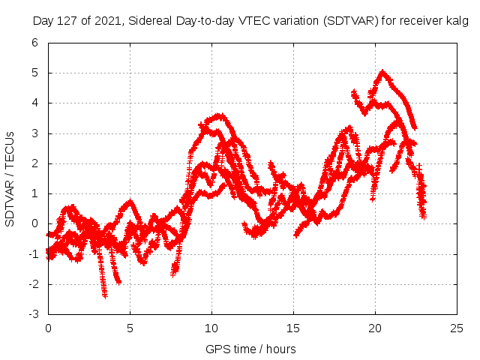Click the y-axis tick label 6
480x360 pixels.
tap(34, 43)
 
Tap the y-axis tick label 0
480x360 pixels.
tap(34, 223)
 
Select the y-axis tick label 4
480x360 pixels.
tap(34, 103)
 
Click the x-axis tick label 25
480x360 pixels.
tap(457, 328)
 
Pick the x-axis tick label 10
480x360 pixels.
tap(211, 328)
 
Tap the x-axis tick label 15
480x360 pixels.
tap(293, 328)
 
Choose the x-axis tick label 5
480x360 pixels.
tap(130, 328)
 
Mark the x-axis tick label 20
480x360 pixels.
tap(375, 328)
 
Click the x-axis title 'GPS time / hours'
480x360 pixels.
tap(250, 349)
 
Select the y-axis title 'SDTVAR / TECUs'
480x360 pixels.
tap(10, 178)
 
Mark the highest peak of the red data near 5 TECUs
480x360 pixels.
tap(383, 72)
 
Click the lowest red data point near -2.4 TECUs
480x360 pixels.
tap(105, 295)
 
